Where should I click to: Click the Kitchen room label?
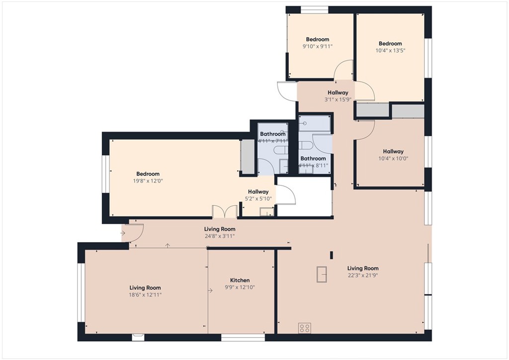coord(240,280)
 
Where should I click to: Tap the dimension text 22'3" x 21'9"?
coord(363,275)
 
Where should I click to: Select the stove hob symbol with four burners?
coord(305,328)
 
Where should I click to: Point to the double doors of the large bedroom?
coord(225,212)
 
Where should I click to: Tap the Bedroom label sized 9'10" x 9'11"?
coord(317,39)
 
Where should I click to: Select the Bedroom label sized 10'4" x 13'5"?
coord(390,43)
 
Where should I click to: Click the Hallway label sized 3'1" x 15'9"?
coord(338,92)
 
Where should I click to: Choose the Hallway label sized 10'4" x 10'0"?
coord(393,151)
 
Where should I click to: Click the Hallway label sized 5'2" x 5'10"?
coord(258,191)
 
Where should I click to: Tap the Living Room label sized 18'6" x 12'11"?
coord(145,287)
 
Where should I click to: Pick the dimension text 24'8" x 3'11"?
coord(219,236)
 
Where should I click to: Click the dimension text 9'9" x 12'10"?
coord(240,287)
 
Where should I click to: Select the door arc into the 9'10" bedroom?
coord(343,70)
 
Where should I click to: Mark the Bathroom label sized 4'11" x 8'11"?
coord(313,159)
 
